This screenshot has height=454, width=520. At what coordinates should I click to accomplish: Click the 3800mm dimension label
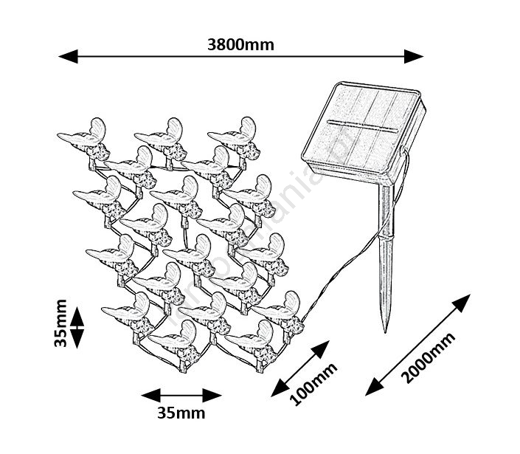click(240, 44)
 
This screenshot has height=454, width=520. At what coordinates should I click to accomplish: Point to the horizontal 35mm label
click(181, 413)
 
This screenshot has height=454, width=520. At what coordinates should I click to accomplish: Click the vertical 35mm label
click(60, 323)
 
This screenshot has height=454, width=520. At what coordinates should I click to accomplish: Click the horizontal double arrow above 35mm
click(181, 395)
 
